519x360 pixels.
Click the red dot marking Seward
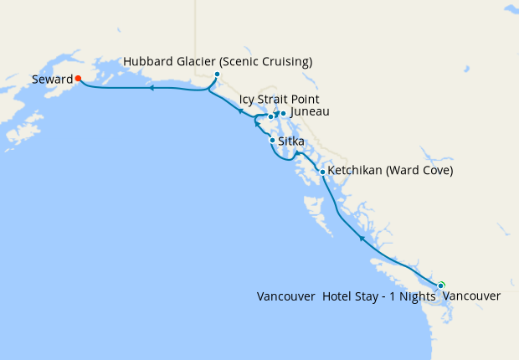pos(78,79)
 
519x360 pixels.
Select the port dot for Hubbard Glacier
pos(217,75)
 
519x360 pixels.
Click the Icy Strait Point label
pos(279,100)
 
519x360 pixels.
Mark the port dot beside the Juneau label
pos(283,113)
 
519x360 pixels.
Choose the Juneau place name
pos(310,112)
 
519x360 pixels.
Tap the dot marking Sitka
pos(272,141)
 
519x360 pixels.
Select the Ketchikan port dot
pos(322,172)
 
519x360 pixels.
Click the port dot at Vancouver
pos(441,285)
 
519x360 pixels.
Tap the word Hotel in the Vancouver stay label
pos(338,296)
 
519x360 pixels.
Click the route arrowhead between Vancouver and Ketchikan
pos(362,239)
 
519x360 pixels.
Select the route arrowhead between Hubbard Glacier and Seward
pos(152,87)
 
